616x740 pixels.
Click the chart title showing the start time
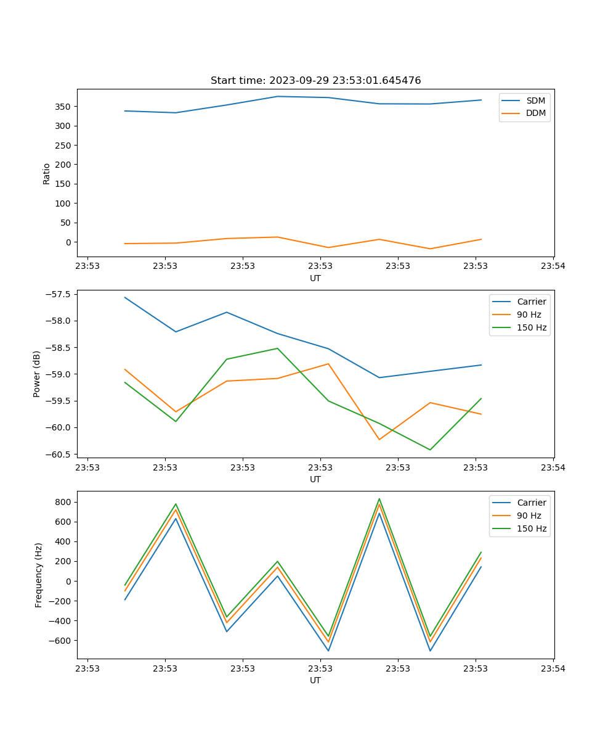[315, 81]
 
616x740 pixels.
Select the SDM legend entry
[535, 101]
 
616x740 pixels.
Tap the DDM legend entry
[535, 113]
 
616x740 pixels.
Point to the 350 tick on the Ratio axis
[63, 107]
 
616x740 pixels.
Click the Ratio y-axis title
[47, 173]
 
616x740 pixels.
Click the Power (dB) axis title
[37, 374]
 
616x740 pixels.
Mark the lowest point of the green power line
[430, 450]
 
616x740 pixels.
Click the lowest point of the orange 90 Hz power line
[379, 440]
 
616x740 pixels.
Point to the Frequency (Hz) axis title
[38, 575]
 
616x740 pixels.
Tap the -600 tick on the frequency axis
[61, 641]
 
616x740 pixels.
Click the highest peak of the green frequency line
[379, 499]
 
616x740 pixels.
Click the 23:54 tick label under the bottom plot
[553, 668]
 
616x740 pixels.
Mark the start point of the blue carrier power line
[125, 297]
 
